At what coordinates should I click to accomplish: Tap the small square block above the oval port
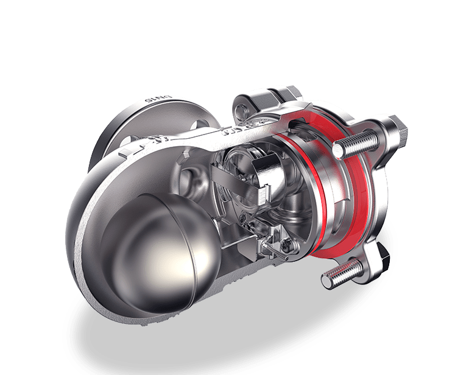click(x=183, y=159)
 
